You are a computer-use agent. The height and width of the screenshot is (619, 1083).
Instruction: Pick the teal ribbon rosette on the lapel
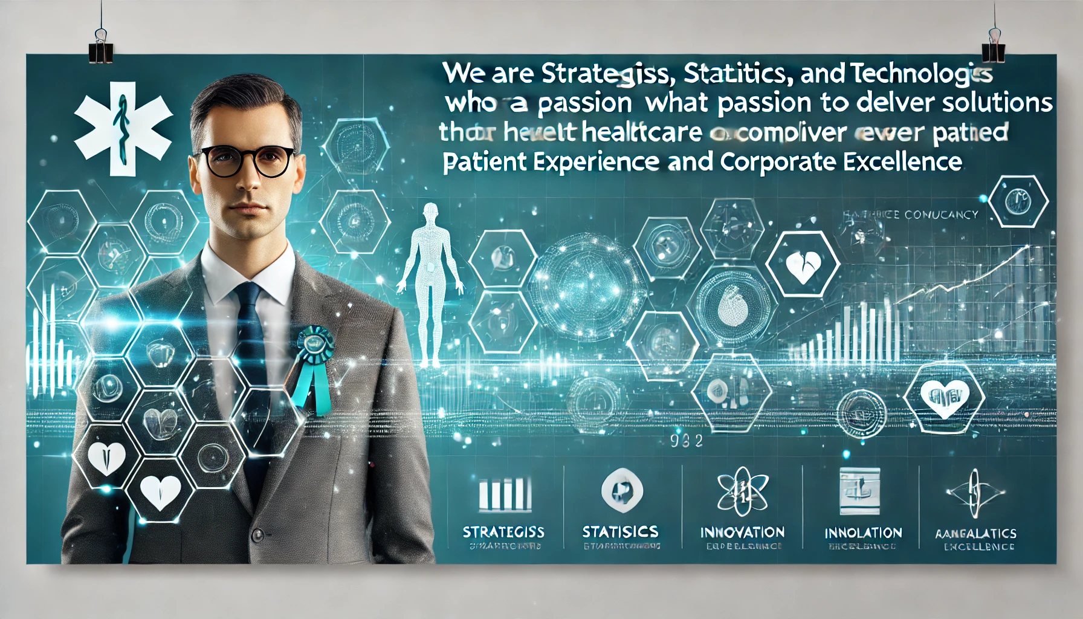point(314,344)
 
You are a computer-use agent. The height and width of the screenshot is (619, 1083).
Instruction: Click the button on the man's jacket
point(258,535)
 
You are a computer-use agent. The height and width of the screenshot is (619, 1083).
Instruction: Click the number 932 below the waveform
point(687,441)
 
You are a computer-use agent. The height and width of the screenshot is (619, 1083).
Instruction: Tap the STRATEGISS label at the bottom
point(503,532)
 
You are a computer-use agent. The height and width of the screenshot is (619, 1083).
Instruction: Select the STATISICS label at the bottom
point(620,531)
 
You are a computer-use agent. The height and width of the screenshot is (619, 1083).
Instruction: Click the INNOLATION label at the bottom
point(863,533)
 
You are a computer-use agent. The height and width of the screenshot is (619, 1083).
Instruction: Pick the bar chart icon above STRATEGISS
point(505,494)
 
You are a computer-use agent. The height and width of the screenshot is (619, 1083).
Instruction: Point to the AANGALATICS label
point(975,534)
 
